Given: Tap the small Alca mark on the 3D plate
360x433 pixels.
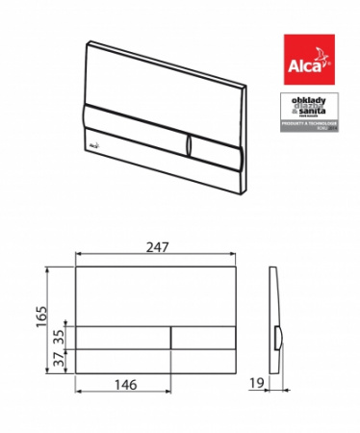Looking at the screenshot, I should (97, 140).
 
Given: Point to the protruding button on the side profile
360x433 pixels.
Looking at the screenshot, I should (279, 338).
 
